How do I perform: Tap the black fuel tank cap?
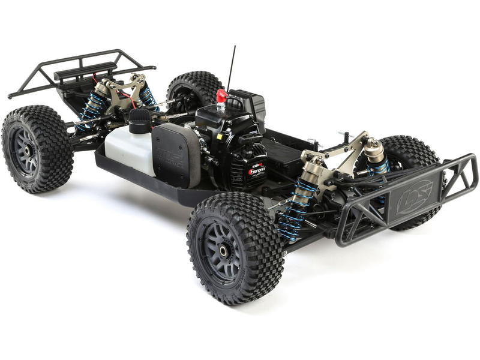coord(139,119)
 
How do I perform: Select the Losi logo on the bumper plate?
coord(414,195)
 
